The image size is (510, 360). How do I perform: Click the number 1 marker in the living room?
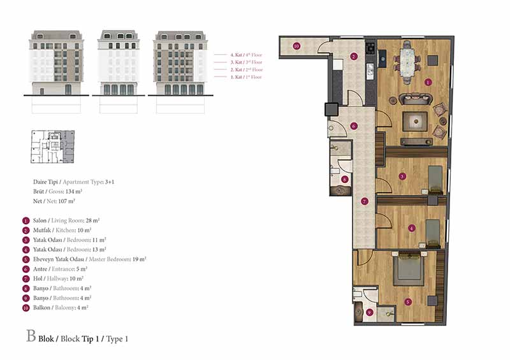click(428, 82)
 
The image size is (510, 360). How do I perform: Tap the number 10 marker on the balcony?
click(296, 46)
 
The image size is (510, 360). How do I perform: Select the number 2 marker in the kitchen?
click(354, 56)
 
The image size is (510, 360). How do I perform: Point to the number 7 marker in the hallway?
click(364, 201)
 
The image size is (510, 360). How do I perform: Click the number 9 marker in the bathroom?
click(369, 312)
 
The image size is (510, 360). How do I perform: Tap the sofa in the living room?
click(416, 99)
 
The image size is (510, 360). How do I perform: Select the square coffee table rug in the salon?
click(415, 122)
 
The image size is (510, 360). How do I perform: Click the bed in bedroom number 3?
click(435, 180)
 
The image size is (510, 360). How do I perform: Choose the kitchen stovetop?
click(370, 48)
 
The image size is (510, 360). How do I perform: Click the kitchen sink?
click(370, 71)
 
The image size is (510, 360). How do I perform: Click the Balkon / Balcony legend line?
click(61, 308)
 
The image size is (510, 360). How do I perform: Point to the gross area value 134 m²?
click(74, 192)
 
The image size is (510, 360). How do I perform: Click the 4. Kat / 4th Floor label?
click(246, 55)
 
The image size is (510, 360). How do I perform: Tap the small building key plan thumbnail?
click(52, 147)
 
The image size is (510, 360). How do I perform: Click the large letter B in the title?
click(31, 336)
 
